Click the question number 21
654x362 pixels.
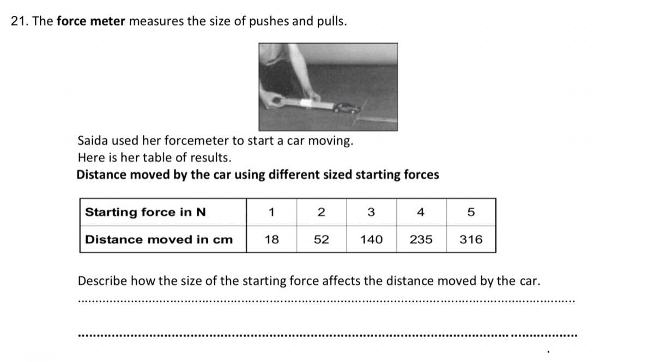click(x=20, y=21)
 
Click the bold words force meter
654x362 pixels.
click(x=91, y=21)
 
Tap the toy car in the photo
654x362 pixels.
click(x=347, y=108)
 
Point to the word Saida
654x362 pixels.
click(x=93, y=140)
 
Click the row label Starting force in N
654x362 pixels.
click(x=146, y=212)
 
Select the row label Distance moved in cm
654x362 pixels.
click(x=159, y=240)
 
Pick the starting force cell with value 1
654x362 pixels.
click(x=271, y=212)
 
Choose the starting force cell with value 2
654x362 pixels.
click(x=322, y=212)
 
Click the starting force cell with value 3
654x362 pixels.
click(x=371, y=212)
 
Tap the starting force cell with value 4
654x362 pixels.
click(x=421, y=212)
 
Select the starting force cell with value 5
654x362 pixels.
click(x=471, y=212)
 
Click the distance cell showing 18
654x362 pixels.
click(x=271, y=239)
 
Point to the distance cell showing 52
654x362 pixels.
click(x=322, y=239)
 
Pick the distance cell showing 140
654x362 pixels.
click(x=371, y=239)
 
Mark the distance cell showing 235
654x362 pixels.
click(x=421, y=239)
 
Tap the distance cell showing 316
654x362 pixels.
click(x=471, y=239)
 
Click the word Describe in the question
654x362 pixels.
click(x=102, y=281)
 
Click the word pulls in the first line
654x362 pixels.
click(x=332, y=22)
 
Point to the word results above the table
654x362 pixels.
click(x=211, y=157)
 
